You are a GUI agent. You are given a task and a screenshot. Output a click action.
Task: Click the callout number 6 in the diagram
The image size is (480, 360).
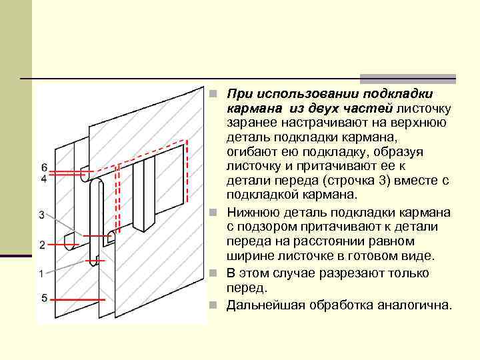(43, 167)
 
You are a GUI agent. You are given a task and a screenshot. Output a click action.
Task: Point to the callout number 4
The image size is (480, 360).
(43, 179)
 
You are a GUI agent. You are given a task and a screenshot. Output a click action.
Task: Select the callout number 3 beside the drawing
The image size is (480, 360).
(41, 215)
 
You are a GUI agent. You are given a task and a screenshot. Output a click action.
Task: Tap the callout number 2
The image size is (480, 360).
(41, 245)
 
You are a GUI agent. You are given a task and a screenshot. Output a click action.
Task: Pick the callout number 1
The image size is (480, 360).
(41, 273)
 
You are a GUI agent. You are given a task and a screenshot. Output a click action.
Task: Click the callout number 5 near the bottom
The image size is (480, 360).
(43, 298)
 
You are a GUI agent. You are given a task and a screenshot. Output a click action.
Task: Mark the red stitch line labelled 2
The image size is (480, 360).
(97, 235)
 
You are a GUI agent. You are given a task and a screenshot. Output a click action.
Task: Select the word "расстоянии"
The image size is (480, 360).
(316, 241)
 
